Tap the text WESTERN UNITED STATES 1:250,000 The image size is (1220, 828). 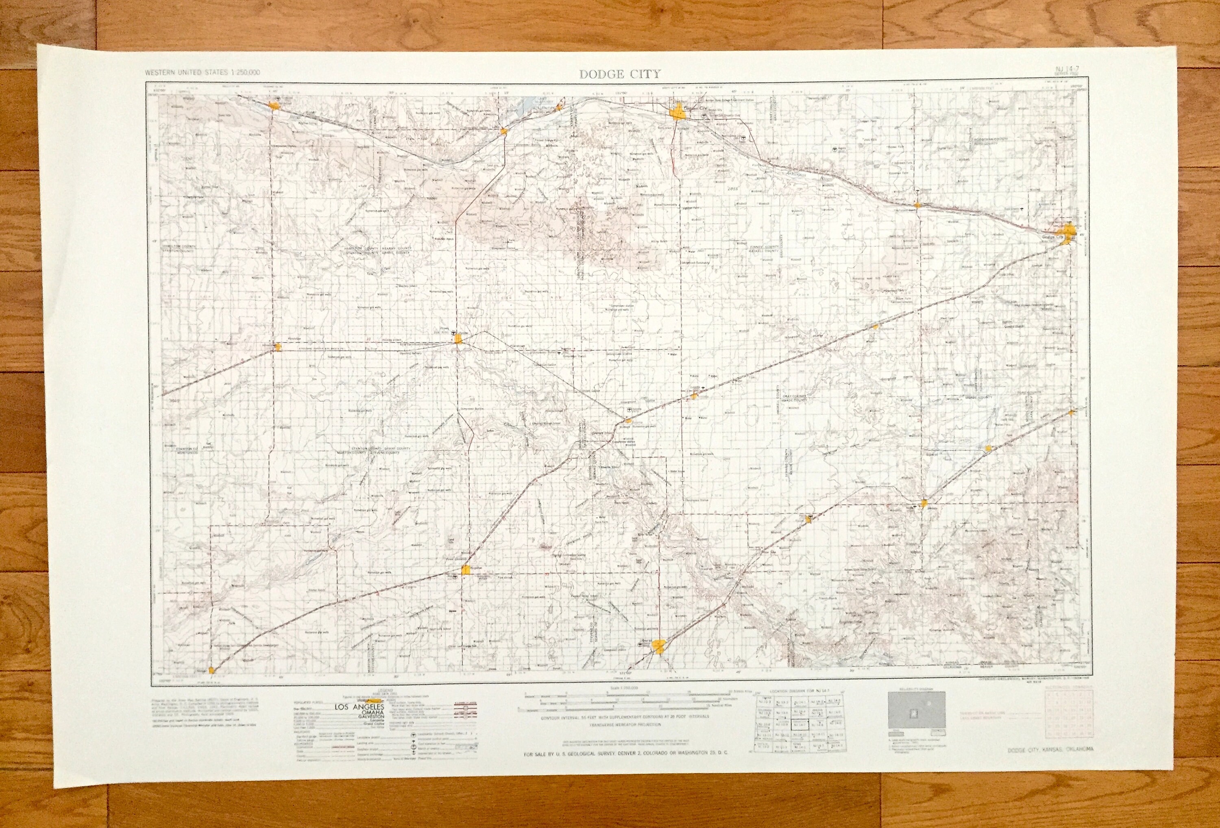pos(202,72)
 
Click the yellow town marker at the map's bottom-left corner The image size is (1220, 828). pos(212,671)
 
